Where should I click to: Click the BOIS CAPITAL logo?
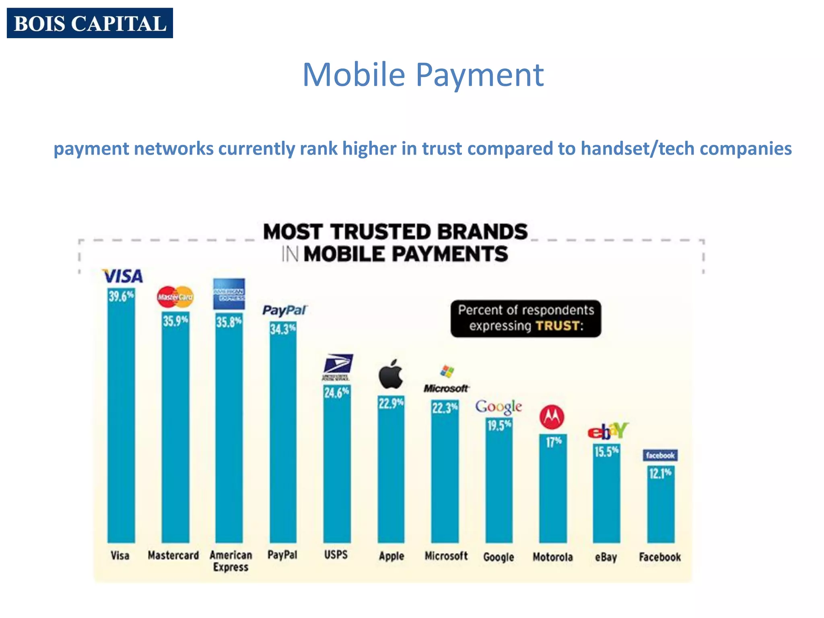(x=90, y=23)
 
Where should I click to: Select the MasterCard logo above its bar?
(x=175, y=297)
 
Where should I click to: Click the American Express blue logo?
(x=229, y=294)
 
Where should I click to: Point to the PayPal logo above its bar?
(x=284, y=310)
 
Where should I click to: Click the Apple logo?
(x=391, y=374)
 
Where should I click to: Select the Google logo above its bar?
(x=499, y=407)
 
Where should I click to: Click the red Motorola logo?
(x=552, y=417)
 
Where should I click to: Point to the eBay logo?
(x=608, y=431)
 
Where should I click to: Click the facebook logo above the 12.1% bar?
(x=660, y=455)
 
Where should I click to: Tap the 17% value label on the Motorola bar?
(x=553, y=443)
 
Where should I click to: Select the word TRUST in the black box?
(x=557, y=325)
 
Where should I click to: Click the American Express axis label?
(x=231, y=561)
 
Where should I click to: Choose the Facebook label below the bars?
(x=660, y=557)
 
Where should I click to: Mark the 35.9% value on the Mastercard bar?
(x=175, y=321)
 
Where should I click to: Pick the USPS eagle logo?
(x=338, y=367)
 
